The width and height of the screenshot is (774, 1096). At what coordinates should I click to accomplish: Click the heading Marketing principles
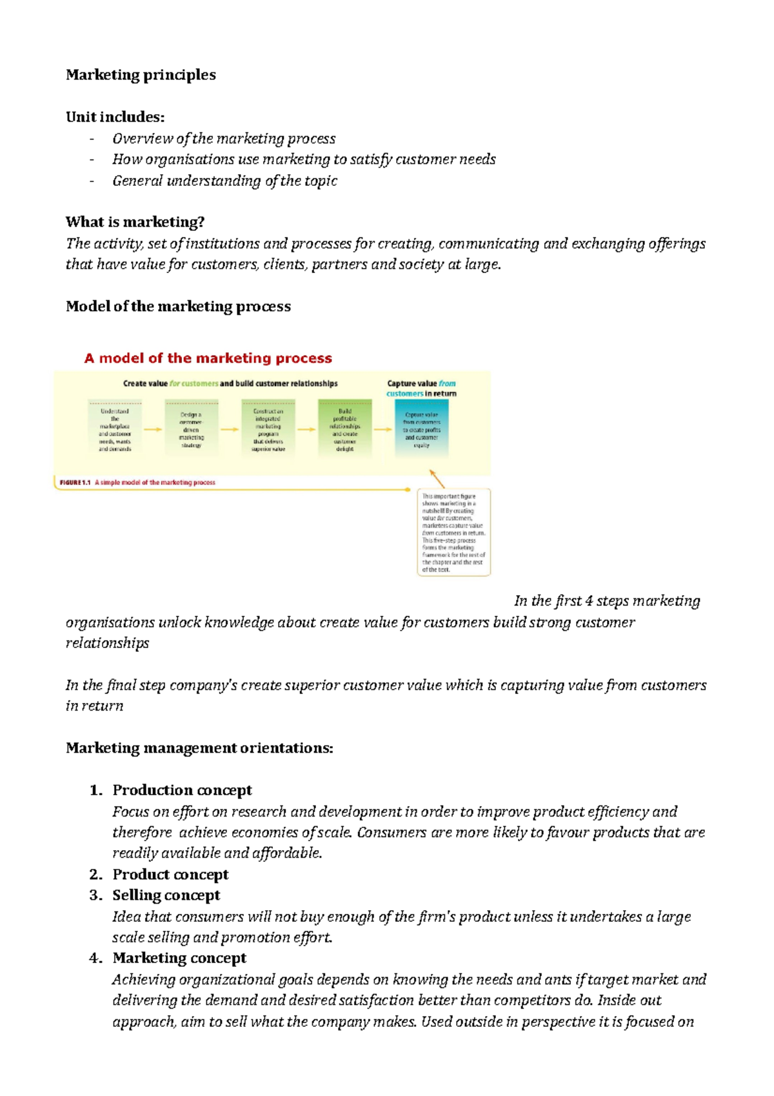pos(141,75)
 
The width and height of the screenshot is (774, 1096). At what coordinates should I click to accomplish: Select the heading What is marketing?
pos(135,222)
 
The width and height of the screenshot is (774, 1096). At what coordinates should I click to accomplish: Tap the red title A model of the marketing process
pos(208,358)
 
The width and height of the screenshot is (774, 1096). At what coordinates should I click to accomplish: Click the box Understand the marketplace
pos(115,429)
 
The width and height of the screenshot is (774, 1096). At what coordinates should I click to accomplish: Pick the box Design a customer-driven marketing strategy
pos(191,429)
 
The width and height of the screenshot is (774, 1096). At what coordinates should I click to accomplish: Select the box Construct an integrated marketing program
pos(268,429)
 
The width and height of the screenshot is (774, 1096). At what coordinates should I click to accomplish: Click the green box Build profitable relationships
pos(344,429)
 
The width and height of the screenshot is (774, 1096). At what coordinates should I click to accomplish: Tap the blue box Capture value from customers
pos(421,429)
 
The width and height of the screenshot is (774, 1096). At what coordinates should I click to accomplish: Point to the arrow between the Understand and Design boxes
pos(153,429)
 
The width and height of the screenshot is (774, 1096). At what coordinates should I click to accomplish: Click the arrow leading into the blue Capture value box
pos(383,429)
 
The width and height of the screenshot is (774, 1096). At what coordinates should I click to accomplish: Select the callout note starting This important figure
pos(453,533)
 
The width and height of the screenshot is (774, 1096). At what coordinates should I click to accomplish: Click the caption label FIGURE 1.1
pos(75,482)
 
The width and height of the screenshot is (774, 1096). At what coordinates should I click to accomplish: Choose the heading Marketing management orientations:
pos(199,748)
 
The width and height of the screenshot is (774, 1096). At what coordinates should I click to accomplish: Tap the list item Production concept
pos(182,790)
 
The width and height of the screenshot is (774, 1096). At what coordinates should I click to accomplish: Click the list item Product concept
pos(170,875)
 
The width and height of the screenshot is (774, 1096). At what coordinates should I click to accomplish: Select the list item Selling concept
pos(166,895)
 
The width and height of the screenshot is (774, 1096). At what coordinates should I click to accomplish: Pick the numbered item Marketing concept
pos(179,958)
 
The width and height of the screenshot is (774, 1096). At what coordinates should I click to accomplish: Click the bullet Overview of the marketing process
pos(224,139)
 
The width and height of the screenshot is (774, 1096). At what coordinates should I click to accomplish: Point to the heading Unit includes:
pos(115,117)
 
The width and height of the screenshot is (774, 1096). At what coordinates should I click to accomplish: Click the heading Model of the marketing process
pos(178,307)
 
